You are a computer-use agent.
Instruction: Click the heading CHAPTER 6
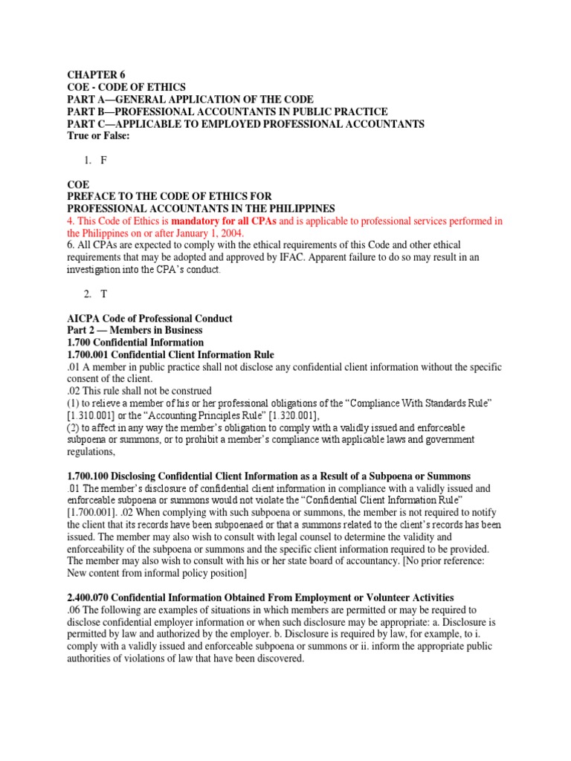[x=97, y=74]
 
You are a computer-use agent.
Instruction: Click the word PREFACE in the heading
[x=93, y=196]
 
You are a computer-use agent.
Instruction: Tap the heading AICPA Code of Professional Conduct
[x=150, y=318]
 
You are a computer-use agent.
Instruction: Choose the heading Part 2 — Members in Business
[x=135, y=330]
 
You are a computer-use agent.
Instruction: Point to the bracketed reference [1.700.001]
[x=96, y=512]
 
